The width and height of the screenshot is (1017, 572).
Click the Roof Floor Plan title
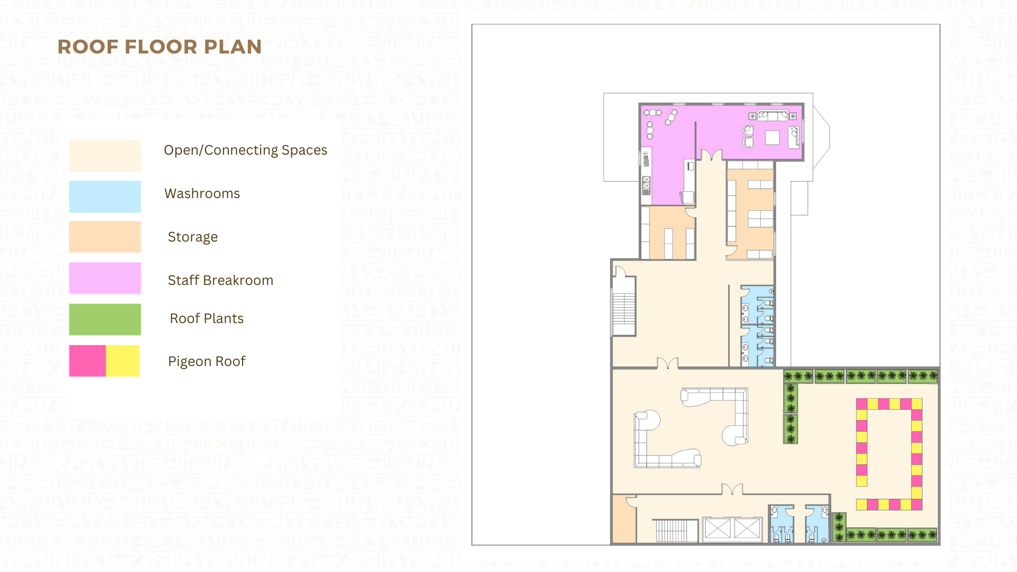[x=159, y=47]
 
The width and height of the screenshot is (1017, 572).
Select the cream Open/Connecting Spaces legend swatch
[x=105, y=156]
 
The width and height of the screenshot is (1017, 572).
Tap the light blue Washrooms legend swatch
[x=105, y=196]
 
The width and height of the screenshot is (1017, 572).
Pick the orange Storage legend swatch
[x=105, y=237]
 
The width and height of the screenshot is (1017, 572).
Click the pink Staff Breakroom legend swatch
[x=105, y=278]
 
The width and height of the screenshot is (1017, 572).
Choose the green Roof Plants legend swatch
[x=105, y=319]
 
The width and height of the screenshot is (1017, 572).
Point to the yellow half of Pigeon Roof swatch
[x=123, y=361]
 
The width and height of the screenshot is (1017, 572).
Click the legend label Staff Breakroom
[x=220, y=280]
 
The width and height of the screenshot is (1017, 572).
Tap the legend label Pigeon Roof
[x=207, y=361]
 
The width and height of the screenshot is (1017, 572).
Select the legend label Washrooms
[x=202, y=193]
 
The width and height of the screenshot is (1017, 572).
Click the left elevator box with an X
[x=718, y=529]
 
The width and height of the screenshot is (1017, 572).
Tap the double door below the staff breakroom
[x=711, y=155]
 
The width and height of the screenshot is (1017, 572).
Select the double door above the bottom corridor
[x=732, y=489]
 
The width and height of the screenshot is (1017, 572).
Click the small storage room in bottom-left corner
[x=625, y=520]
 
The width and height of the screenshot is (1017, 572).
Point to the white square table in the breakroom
[x=772, y=138]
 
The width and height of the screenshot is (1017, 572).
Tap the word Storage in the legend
[x=193, y=237]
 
